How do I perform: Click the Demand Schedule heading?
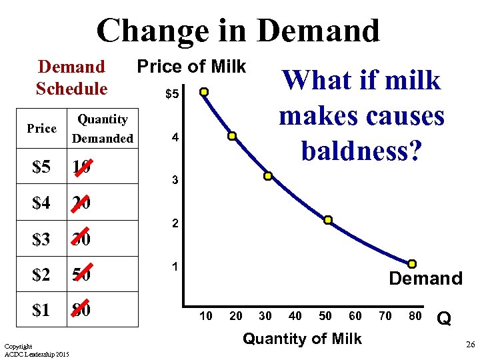(71, 77)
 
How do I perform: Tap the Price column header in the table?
(41, 129)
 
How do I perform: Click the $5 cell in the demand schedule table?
(41, 167)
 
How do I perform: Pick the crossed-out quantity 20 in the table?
(81, 203)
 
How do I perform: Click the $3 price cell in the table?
(41, 239)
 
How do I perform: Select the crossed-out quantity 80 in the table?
(81, 310)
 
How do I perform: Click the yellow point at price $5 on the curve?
(205, 92)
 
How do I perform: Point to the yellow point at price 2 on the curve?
(329, 220)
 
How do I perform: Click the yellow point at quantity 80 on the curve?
(413, 264)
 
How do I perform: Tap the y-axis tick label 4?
(174, 138)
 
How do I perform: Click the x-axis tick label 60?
(355, 315)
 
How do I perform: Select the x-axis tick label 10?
(206, 315)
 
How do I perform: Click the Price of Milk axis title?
(191, 67)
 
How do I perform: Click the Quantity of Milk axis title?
(302, 339)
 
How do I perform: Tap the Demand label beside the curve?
(425, 279)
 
